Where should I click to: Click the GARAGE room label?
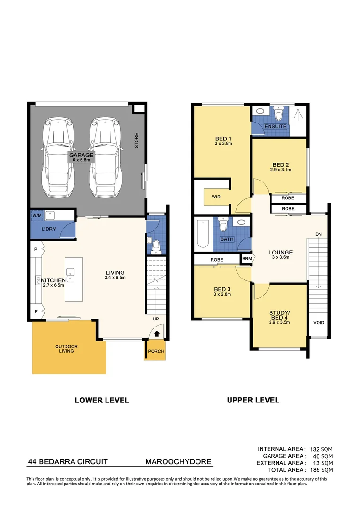82,155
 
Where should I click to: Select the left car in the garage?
58,158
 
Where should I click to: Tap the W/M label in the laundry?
36,216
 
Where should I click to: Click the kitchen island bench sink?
71,272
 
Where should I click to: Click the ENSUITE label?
275,127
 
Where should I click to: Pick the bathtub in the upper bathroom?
203,233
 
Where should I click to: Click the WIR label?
216,197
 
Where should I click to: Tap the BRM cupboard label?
246,259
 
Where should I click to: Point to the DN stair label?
319,234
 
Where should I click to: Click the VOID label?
319,323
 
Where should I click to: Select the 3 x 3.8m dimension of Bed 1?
223,143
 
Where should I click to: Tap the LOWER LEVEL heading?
102,400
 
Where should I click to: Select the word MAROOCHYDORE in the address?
178,462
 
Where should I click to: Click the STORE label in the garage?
137,141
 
